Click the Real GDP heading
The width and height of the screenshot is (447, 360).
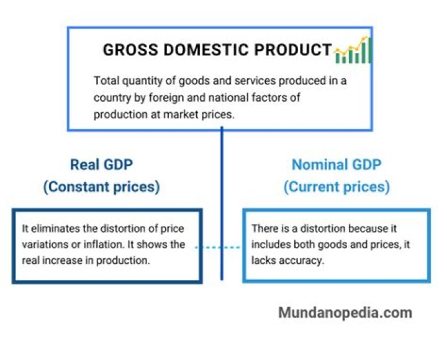click(x=101, y=164)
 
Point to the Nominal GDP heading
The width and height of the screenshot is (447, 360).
click(x=336, y=164)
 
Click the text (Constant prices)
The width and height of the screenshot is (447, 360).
click(x=101, y=186)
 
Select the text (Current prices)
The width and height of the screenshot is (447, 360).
click(x=336, y=186)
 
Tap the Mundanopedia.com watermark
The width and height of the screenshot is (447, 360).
click(x=345, y=313)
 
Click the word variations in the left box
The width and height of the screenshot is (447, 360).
click(x=44, y=245)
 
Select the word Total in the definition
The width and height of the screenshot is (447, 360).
click(x=106, y=81)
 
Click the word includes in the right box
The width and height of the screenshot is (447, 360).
click(x=270, y=245)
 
